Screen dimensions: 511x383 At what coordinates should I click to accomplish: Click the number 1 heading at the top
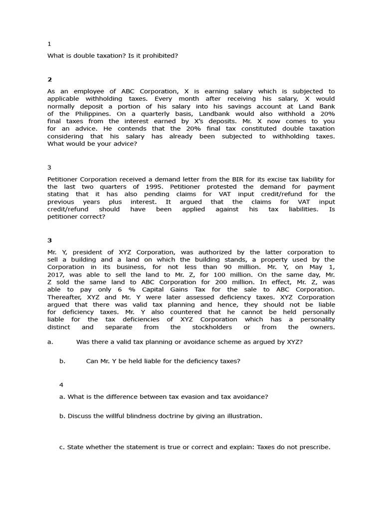(x=49, y=44)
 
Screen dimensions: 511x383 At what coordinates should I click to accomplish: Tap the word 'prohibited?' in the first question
(x=160, y=56)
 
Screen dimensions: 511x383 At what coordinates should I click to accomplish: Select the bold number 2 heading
(x=49, y=79)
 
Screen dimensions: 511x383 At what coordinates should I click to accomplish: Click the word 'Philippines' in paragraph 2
(x=82, y=114)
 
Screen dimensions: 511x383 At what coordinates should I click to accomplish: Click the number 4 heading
(x=61, y=385)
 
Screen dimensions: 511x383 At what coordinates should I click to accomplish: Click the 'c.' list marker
(x=62, y=447)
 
